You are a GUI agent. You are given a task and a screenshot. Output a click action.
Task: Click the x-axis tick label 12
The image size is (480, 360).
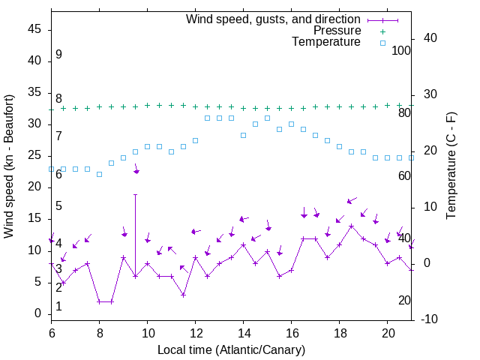click(195, 331)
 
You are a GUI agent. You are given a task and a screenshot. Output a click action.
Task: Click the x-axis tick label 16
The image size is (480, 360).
click(291, 331)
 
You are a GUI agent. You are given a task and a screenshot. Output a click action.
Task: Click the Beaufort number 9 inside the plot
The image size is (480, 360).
click(58, 55)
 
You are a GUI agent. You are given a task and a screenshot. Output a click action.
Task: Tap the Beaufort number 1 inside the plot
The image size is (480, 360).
click(58, 307)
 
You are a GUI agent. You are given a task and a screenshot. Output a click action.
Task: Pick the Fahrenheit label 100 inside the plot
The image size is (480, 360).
click(401, 50)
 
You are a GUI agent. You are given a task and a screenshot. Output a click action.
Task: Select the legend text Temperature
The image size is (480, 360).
click(326, 42)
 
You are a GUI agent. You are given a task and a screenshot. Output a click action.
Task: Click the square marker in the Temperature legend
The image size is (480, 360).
click(382, 43)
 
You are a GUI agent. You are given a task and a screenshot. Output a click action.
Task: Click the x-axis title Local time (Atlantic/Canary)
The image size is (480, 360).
click(231, 349)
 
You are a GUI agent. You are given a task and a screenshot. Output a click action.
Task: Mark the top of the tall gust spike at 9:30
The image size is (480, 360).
click(135, 194)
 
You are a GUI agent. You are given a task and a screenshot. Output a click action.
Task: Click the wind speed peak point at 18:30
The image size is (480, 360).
click(351, 226)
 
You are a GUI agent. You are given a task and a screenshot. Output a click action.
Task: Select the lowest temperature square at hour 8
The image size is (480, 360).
click(99, 174)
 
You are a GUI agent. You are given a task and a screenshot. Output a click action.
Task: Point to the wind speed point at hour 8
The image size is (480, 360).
click(99, 301)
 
